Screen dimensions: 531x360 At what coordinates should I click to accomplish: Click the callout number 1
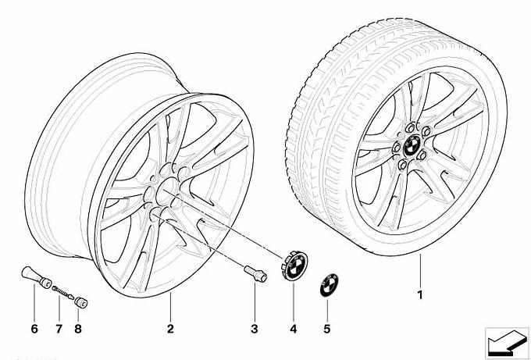(x=420, y=295)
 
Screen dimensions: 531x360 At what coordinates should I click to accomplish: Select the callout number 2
(x=170, y=329)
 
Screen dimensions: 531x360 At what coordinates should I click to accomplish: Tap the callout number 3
(x=255, y=329)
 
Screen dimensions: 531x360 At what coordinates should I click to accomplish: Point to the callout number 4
(x=294, y=329)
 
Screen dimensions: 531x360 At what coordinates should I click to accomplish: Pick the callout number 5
(x=326, y=329)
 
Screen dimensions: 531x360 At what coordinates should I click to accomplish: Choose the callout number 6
(x=34, y=329)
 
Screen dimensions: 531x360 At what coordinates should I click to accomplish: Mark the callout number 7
(x=59, y=329)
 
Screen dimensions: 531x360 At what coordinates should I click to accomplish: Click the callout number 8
(x=78, y=329)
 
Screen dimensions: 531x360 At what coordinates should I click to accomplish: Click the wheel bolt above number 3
(x=255, y=273)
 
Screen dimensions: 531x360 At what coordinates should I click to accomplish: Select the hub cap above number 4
(x=294, y=266)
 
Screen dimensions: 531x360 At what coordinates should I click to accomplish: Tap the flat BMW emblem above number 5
(x=330, y=284)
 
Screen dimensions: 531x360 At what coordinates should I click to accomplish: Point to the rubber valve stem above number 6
(x=36, y=277)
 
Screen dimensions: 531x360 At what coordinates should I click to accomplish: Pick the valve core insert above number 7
(x=63, y=292)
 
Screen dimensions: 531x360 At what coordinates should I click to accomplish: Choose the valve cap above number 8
(x=81, y=302)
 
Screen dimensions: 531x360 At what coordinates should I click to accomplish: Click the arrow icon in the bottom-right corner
(x=507, y=342)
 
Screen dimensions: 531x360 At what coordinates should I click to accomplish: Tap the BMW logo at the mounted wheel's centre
(x=412, y=145)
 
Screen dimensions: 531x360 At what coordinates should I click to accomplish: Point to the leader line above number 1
(x=420, y=270)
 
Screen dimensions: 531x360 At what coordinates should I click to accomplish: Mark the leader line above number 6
(x=34, y=302)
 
